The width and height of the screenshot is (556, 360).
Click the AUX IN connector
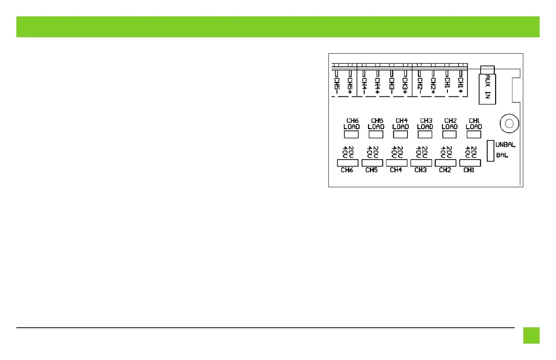point(488,86)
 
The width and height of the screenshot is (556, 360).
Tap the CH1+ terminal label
point(461,85)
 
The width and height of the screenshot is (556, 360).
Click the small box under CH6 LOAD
point(351,135)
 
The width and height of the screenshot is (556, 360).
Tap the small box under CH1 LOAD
point(474,135)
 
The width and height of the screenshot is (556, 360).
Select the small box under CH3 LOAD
point(425,135)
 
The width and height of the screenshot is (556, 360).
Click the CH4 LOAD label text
point(400,124)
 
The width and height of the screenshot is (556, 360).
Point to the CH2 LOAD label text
point(449,124)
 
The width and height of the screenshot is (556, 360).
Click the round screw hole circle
point(509,123)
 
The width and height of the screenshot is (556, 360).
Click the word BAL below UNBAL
point(501,155)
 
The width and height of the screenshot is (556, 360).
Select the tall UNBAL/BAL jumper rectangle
point(490,150)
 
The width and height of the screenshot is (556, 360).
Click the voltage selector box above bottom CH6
point(347,163)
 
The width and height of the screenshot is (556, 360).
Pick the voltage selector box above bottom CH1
point(470,163)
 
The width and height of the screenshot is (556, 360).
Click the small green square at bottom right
point(531,335)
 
